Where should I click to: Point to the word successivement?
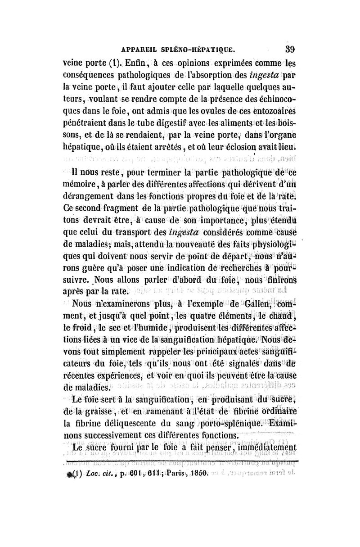(x=122, y=435)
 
